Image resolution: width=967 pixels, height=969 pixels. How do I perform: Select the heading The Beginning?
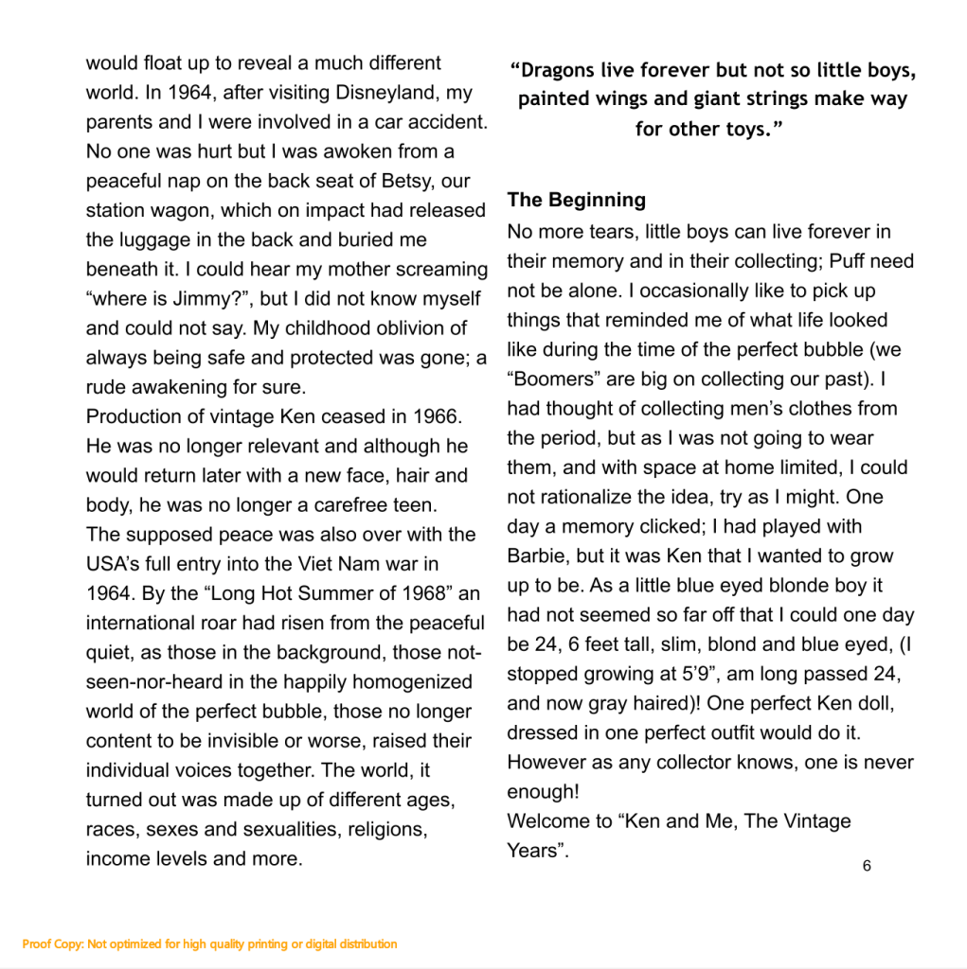(576, 200)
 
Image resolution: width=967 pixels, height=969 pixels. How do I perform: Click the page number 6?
(867, 866)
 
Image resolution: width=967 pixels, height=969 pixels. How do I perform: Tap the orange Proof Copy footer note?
(209, 943)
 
